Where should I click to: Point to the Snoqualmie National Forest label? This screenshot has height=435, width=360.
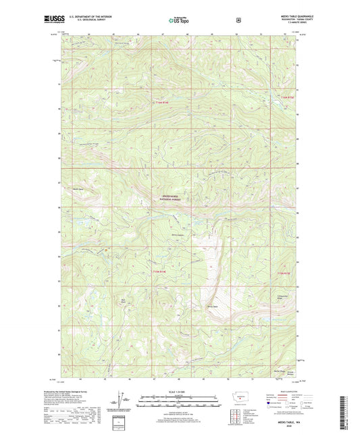170,200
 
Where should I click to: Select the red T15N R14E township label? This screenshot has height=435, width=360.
158,272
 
